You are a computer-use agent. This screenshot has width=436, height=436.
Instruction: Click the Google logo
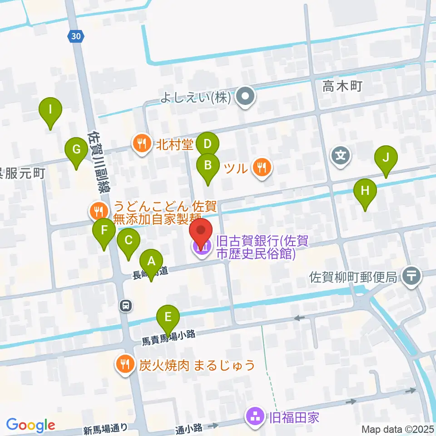coord(30,425)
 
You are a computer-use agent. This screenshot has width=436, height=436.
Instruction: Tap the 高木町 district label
coord(342,86)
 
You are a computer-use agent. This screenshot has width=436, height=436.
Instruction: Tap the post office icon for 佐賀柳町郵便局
coord(412,275)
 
